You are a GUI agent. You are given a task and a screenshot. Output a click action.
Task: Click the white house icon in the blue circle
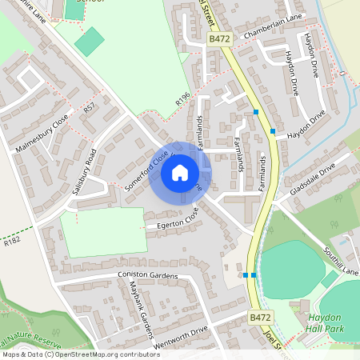click(x=180, y=172)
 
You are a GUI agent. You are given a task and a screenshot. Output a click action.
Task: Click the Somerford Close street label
click(x=148, y=169)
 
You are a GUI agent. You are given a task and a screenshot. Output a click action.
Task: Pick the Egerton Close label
click(x=171, y=222)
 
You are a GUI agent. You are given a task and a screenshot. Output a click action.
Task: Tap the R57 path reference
click(x=89, y=108)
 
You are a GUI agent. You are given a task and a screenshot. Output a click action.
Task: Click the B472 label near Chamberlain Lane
click(x=219, y=38)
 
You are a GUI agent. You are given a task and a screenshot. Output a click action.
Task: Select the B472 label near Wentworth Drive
click(x=259, y=318)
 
